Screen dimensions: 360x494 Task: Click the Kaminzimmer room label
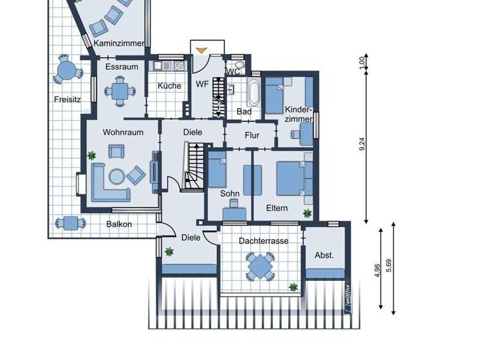tap(119, 44)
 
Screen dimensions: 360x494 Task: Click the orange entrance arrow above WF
tap(202, 50)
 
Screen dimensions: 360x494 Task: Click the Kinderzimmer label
tap(298, 114)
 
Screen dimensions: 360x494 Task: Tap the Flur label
tap(252, 136)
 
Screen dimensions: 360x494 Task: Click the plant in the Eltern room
tap(307, 213)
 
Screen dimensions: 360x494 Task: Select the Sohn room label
tap(230, 193)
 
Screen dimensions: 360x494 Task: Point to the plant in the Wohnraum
tap(93, 155)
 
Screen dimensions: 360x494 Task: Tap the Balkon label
tap(119, 224)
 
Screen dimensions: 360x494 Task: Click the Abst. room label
tap(324, 255)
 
